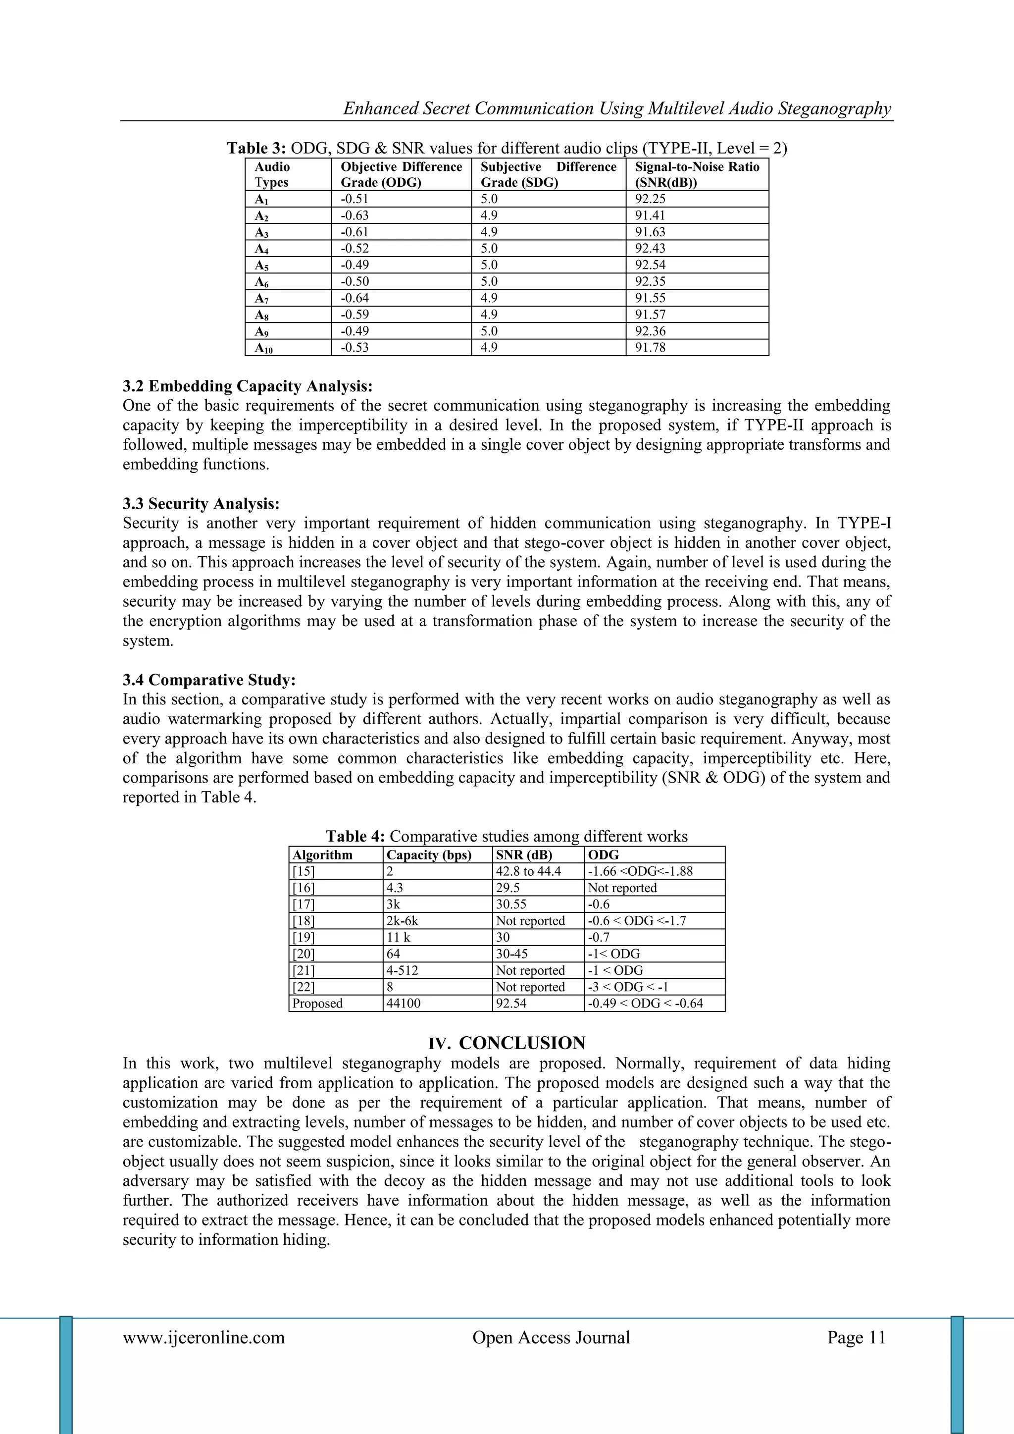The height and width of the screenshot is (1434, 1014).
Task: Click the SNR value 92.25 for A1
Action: [650, 199]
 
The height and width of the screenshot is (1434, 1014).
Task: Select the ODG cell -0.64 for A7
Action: [354, 298]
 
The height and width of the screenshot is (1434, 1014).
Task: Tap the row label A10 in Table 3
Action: [263, 348]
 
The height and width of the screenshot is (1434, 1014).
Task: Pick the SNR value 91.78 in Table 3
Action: [650, 347]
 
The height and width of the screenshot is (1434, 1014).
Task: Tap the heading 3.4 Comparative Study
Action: [209, 680]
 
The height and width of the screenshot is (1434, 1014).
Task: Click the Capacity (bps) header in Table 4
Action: [429, 855]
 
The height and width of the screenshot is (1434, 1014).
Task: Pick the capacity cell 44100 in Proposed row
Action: [404, 1003]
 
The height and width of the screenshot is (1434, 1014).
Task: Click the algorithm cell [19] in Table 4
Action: [304, 938]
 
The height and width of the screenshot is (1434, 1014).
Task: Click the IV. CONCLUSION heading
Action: [507, 1043]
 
